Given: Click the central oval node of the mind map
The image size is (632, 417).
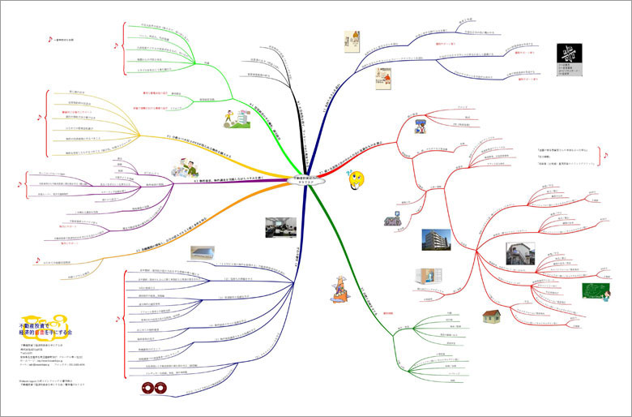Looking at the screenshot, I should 307,180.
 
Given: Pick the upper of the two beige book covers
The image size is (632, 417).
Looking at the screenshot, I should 352,42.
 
